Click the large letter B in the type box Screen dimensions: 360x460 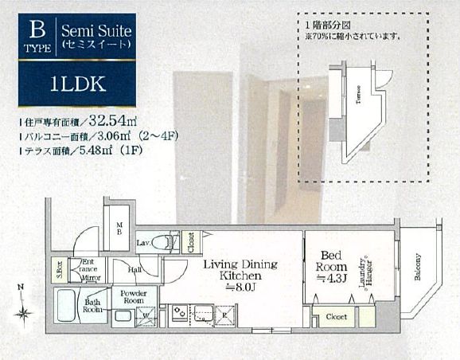(x=36, y=31)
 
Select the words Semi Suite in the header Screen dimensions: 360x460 (x=96, y=30)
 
